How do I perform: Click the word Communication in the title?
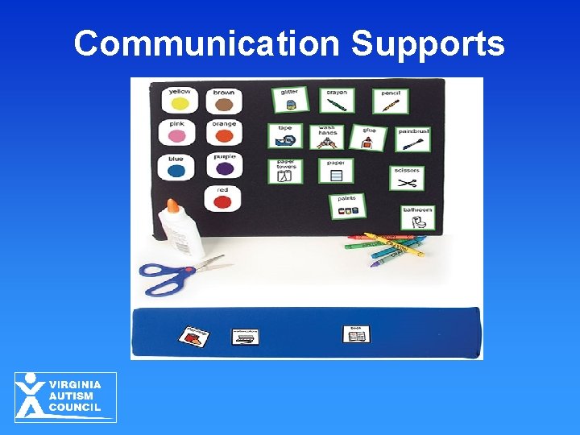[207, 43]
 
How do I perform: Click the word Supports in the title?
[427, 43]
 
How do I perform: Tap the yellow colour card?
[180, 100]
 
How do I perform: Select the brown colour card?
[224, 100]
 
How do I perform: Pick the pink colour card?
[178, 132]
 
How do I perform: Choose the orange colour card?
[224, 132]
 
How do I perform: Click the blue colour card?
[176, 167]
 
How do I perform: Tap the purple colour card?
[224, 165]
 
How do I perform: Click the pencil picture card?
[390, 101]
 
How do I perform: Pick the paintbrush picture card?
[412, 139]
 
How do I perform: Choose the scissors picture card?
[407, 178]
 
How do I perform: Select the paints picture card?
[347, 205]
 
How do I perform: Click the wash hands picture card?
[326, 137]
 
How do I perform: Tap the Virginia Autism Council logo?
[65, 397]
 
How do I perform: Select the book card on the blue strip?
[355, 334]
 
